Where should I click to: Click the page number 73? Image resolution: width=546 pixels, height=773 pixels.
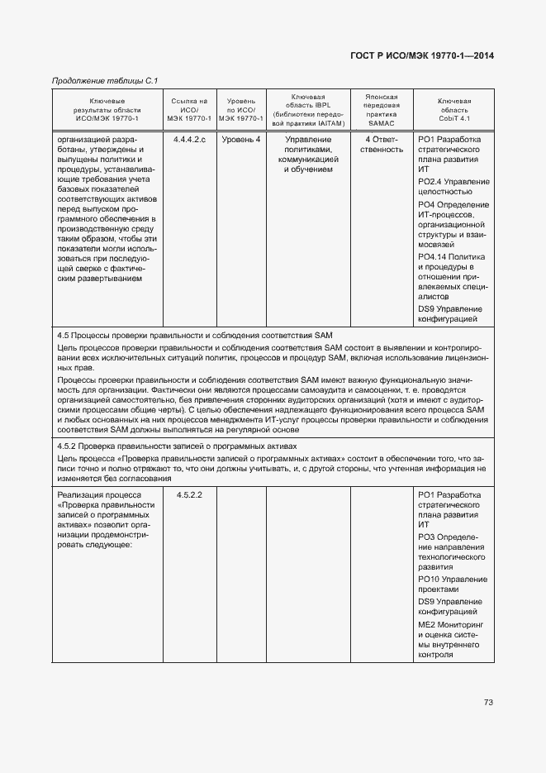point(488,703)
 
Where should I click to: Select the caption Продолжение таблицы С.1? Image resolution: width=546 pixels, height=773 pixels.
point(105,80)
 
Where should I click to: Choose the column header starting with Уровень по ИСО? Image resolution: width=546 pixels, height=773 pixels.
point(241,109)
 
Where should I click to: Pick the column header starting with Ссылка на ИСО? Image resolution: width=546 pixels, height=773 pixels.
point(189,109)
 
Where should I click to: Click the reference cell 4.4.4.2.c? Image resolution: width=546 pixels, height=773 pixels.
point(189,140)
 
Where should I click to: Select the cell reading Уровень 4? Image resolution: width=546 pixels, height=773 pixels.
point(241,140)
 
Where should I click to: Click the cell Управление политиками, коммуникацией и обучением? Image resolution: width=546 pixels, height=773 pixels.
point(309,155)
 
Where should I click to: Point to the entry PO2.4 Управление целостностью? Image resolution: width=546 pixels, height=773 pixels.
point(453,186)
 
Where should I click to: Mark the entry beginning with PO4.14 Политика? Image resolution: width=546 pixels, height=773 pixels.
point(453,276)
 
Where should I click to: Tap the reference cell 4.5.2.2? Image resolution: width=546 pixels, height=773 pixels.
point(189,494)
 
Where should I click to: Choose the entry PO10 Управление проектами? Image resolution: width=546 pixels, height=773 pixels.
point(453,585)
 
